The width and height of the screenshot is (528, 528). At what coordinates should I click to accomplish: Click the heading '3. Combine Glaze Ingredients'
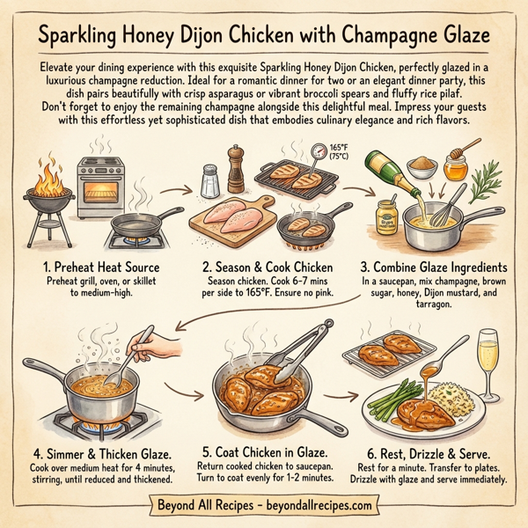coord(434,265)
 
